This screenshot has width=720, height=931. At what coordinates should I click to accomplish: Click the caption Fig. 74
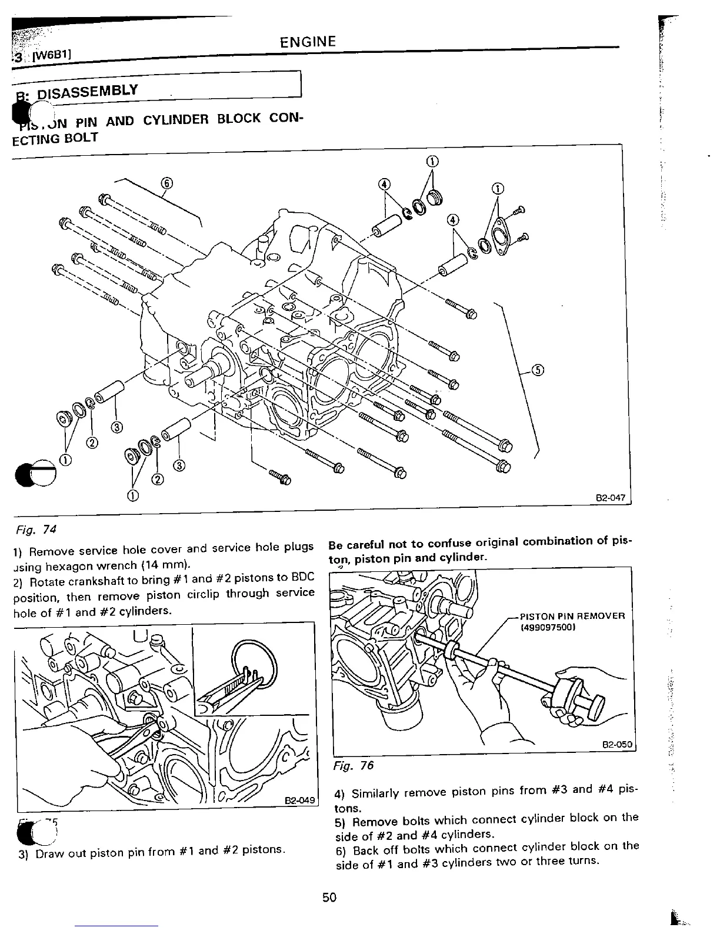click(x=34, y=529)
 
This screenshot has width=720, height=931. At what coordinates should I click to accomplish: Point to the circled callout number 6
click(x=166, y=183)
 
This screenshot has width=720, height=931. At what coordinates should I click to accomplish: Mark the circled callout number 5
click(x=538, y=370)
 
